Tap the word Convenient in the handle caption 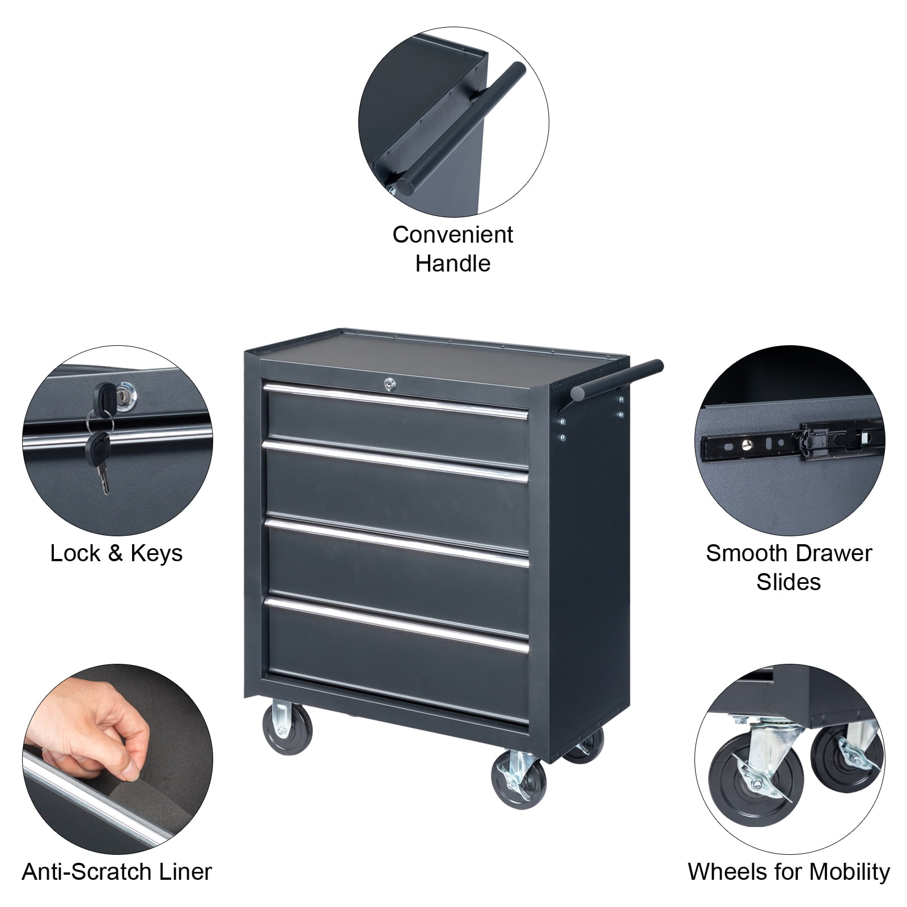click(x=452, y=235)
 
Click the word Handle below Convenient click(x=452, y=264)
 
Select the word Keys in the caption click(x=156, y=553)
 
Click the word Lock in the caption click(x=75, y=553)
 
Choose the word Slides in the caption click(x=789, y=582)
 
